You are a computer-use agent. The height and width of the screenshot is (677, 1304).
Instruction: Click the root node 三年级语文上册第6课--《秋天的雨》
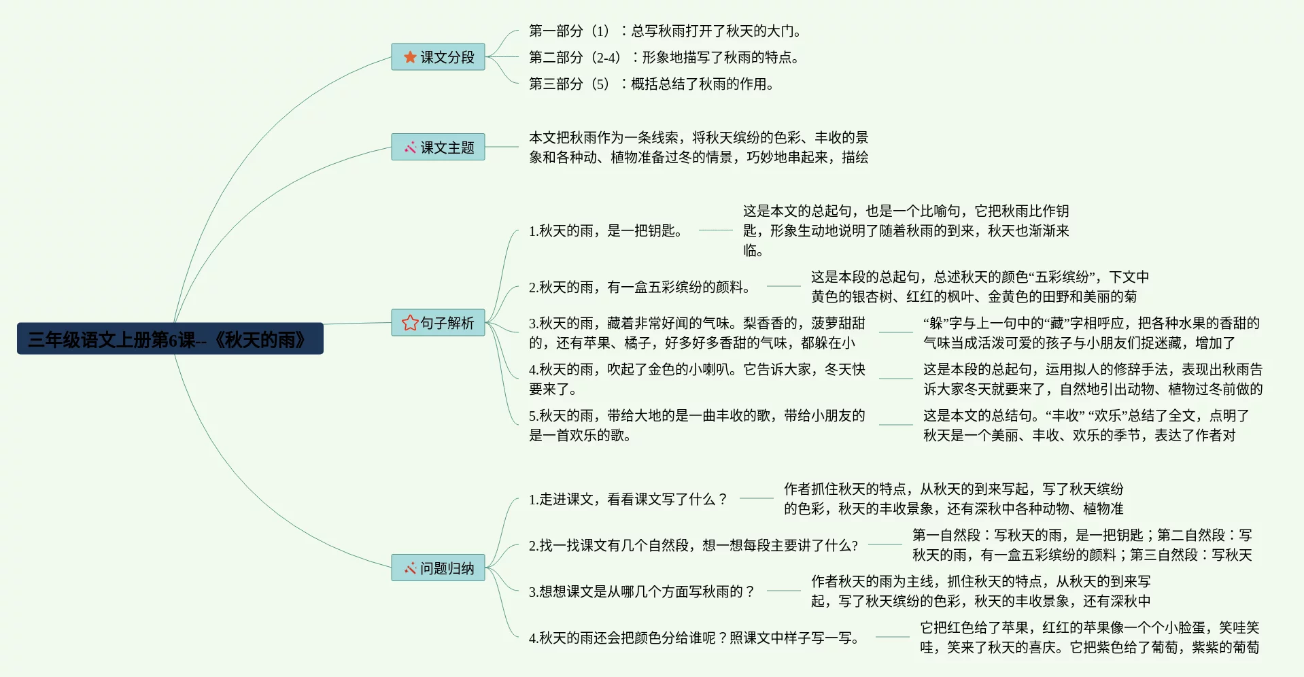click(x=170, y=338)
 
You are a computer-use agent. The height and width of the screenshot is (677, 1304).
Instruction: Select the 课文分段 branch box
click(x=438, y=57)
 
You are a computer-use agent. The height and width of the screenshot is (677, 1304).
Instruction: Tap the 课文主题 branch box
click(x=438, y=147)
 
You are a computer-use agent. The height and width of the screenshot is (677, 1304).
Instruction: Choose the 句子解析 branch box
click(x=438, y=322)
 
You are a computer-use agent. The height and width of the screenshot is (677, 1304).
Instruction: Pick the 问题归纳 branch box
click(x=438, y=568)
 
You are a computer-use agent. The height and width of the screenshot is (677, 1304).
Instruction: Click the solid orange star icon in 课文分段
click(x=410, y=57)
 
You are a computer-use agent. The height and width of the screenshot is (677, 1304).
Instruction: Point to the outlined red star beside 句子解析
click(x=410, y=322)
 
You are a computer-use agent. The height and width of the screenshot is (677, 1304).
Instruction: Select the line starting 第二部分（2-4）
click(x=665, y=57)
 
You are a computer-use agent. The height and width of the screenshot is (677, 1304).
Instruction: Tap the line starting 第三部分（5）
click(x=651, y=84)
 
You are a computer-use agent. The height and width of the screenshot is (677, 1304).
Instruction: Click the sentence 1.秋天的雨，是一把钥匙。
click(x=605, y=230)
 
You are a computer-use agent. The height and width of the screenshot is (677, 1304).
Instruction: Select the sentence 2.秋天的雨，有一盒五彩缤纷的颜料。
click(x=639, y=287)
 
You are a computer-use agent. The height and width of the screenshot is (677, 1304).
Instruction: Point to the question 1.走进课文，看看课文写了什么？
click(x=628, y=499)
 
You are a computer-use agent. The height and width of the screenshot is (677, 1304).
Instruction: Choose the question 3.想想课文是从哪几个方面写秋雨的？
click(x=641, y=591)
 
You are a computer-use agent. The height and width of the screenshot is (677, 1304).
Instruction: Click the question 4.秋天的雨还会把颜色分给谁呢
click(x=693, y=638)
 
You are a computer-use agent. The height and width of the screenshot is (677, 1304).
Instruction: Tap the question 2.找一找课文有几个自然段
click(x=693, y=545)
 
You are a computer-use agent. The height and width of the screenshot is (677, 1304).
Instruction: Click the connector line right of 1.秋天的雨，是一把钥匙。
click(x=715, y=230)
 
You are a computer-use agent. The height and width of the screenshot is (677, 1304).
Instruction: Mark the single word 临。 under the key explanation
click(x=753, y=250)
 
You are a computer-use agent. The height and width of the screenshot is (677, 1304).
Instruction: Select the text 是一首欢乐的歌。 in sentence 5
click(x=580, y=435)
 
